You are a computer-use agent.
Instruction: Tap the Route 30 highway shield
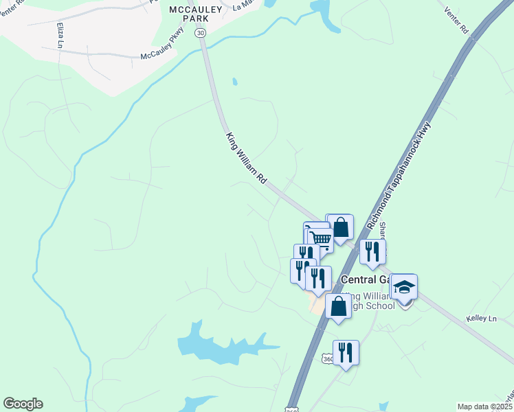tap(200, 32)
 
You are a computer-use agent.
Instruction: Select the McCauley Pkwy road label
tap(163, 54)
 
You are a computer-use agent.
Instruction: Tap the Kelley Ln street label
tap(481, 319)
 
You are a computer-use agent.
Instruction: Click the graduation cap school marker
tap(404, 288)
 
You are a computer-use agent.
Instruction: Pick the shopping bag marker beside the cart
tap(340, 227)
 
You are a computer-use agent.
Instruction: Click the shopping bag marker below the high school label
tap(338, 308)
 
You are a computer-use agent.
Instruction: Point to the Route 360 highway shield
tap(328, 359)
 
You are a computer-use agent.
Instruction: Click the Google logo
tap(23, 404)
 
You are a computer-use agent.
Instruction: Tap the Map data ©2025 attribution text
tap(485, 407)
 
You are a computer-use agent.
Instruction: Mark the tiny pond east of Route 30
tap(234, 82)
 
